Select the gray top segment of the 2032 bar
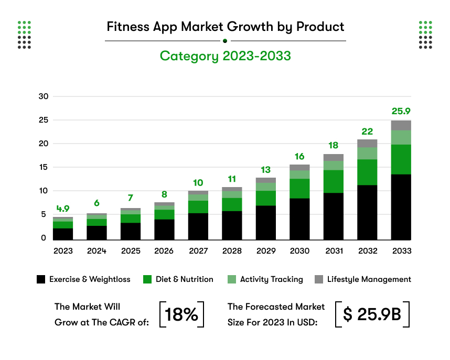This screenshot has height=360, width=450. (x=367, y=143)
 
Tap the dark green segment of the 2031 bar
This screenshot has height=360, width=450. (x=334, y=181)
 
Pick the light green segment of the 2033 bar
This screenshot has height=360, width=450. (x=401, y=137)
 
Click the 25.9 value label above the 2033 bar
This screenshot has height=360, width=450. (x=401, y=111)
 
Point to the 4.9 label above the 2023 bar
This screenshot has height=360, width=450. (x=63, y=209)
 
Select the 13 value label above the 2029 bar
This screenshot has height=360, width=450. (x=266, y=169)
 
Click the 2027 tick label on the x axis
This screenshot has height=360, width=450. (x=198, y=251)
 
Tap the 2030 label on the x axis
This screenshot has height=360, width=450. (x=299, y=251)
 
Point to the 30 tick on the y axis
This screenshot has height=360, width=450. (x=44, y=96)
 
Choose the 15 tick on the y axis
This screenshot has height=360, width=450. (x=44, y=167)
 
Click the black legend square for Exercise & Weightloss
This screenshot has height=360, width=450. (x=41, y=279)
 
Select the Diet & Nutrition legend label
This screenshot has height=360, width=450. (x=184, y=279)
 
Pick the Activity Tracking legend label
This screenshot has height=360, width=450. (x=271, y=279)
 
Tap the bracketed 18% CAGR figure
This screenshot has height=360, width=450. (x=181, y=314)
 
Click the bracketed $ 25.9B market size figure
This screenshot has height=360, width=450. (x=372, y=314)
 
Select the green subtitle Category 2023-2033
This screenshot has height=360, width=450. (x=225, y=56)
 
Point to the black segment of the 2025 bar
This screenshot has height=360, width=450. (x=131, y=231)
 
